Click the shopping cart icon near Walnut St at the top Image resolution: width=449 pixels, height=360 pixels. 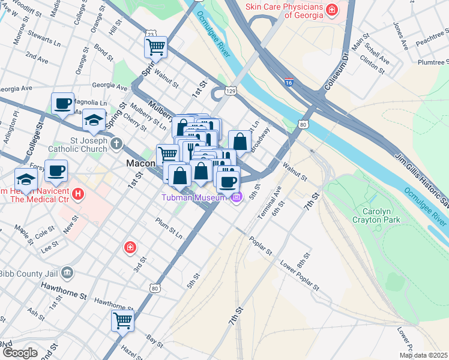click(155, 46)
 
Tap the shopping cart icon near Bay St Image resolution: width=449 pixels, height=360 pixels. click(123, 320)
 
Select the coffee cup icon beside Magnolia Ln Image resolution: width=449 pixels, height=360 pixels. click(62, 104)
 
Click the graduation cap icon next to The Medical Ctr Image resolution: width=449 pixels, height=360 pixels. click(26, 179)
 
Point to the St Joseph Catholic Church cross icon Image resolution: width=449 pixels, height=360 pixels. click(116, 145)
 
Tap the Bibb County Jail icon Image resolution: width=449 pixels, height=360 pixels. click(67, 273)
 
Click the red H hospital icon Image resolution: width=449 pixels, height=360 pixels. click(77, 194)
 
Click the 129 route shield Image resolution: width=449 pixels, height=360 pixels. click(230, 91)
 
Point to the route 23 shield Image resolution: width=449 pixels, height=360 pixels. click(149, 34)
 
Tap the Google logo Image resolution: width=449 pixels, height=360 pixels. click(20, 353)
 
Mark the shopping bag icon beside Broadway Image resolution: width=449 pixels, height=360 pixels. click(240, 142)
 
